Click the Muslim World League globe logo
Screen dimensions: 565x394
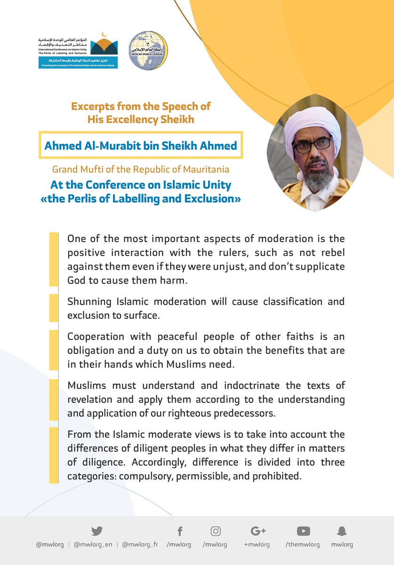148,51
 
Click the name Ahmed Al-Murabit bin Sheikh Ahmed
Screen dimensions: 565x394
140,145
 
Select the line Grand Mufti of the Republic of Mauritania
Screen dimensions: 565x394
140,169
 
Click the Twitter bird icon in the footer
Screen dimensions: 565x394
97,531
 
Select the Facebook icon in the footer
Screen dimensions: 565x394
179,531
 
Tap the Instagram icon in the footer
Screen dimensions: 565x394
216,531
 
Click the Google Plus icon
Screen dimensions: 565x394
258,531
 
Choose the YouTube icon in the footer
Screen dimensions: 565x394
303,531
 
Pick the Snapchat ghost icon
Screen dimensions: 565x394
342,531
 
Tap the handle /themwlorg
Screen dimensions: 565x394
302,545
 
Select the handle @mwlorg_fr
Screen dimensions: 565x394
140,545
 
